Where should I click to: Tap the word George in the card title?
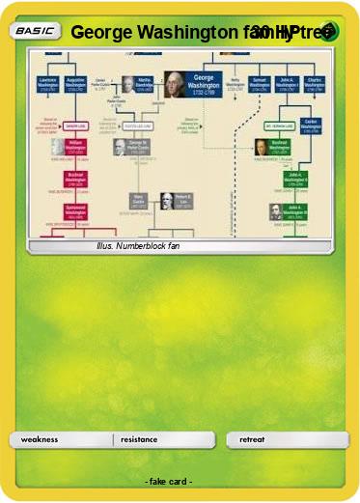[102, 32]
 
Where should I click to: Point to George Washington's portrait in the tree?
[175, 84]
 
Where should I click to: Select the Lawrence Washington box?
[48, 84]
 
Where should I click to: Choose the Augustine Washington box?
[76, 84]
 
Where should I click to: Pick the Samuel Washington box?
[259, 84]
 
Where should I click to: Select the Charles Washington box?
[313, 84]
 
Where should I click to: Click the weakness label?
[40, 439]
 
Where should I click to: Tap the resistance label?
[139, 439]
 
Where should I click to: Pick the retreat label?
[252, 439]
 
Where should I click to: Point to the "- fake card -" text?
[169, 481]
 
